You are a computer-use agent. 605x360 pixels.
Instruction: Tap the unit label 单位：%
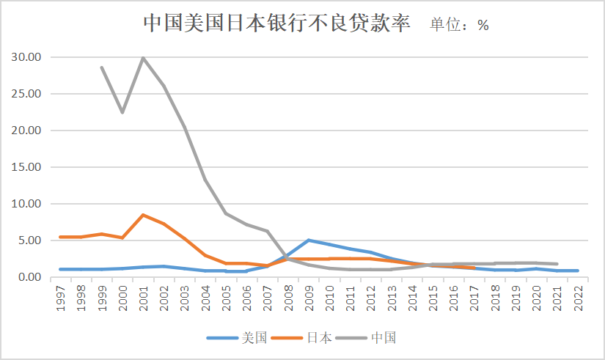click(459, 24)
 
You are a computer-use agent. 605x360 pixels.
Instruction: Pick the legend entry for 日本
click(302, 338)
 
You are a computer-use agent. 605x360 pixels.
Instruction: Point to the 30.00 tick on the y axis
click(26, 57)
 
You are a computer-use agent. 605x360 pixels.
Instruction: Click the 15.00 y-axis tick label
click(26, 167)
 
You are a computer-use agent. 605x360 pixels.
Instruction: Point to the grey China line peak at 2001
click(143, 58)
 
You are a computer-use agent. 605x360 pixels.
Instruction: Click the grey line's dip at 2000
click(122, 112)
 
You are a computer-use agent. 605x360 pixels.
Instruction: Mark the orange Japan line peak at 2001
click(143, 215)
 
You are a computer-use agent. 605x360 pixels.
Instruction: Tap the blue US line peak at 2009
click(309, 240)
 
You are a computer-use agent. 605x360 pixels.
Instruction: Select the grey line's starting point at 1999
click(102, 67)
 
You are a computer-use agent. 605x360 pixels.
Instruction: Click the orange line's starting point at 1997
click(60, 237)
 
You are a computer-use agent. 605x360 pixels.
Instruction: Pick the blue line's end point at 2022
click(578, 271)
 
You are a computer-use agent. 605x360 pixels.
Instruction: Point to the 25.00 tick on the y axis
click(26, 94)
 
